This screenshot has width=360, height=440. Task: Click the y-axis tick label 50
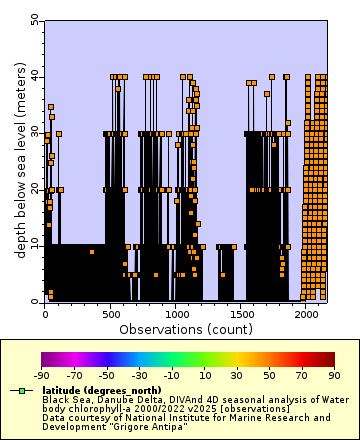(x=35, y=19)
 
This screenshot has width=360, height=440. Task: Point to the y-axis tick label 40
(x=35, y=76)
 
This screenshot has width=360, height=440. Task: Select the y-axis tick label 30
(x=35, y=132)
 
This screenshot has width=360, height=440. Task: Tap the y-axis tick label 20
(x=35, y=188)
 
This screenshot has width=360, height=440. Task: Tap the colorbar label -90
(x=42, y=376)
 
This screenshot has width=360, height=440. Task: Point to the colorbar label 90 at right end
(x=335, y=376)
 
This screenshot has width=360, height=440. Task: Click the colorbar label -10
(x=172, y=376)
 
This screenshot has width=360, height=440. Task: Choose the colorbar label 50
(x=270, y=376)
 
